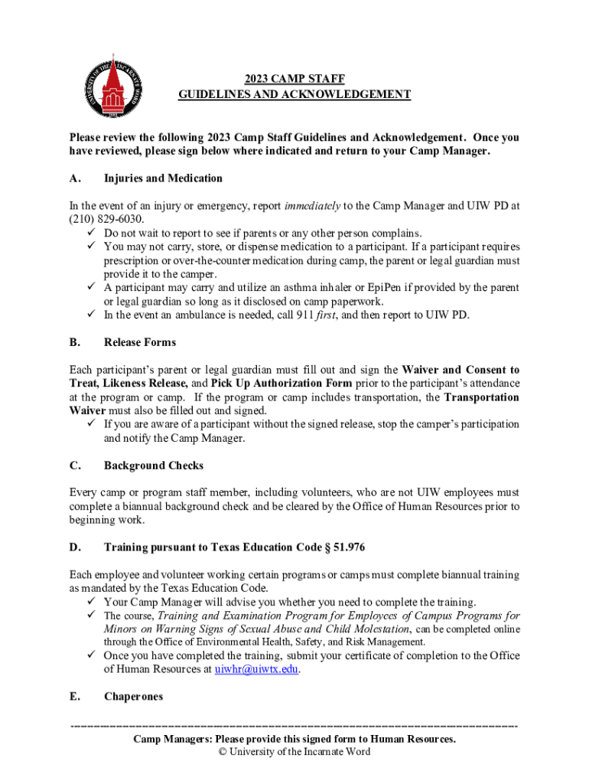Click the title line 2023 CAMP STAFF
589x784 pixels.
point(294,78)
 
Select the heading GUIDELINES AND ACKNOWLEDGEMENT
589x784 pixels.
point(294,94)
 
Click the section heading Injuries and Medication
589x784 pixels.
point(163,178)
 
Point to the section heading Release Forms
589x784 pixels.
point(140,342)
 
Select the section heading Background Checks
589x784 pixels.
point(154,465)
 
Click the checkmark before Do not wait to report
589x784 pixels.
point(90,233)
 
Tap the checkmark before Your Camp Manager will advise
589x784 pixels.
point(90,602)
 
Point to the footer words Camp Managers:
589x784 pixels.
point(173,739)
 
